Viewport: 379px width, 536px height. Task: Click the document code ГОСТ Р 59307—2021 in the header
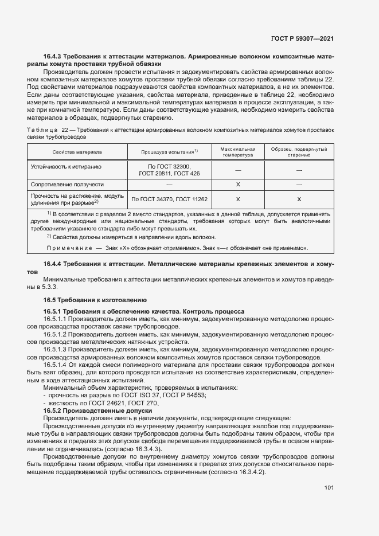[302, 39]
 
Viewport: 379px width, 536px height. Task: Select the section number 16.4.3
[52, 57]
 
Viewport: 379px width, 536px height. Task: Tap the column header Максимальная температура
[237, 151]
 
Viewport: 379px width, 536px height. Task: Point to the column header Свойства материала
[77, 152]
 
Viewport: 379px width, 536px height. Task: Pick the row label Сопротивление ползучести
[67, 185]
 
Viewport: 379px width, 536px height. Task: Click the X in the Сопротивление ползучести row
[237, 185]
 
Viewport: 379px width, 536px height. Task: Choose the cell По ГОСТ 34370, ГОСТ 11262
[170, 199]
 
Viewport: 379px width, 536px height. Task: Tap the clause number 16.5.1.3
[55, 349]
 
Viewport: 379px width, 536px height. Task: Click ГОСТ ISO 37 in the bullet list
[131, 396]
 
